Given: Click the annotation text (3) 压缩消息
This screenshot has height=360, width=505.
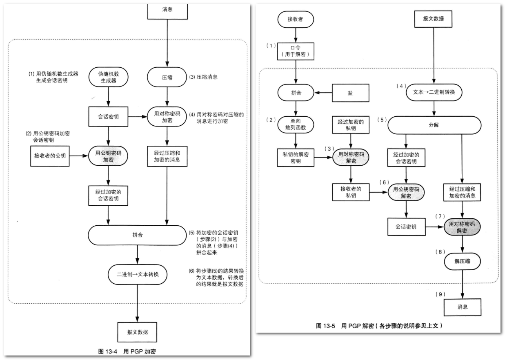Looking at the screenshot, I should click(204, 77).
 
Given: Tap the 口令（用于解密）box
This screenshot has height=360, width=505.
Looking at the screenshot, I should click(296, 51).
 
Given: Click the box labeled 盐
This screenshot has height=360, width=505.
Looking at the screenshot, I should click(351, 93).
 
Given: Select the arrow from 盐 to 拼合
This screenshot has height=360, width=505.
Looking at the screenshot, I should click(323, 93).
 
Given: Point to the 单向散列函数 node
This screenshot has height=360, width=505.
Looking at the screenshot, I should click(296, 124).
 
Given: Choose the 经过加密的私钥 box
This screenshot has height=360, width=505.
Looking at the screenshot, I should click(351, 124).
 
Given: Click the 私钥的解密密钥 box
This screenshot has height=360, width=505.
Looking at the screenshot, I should click(296, 158).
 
